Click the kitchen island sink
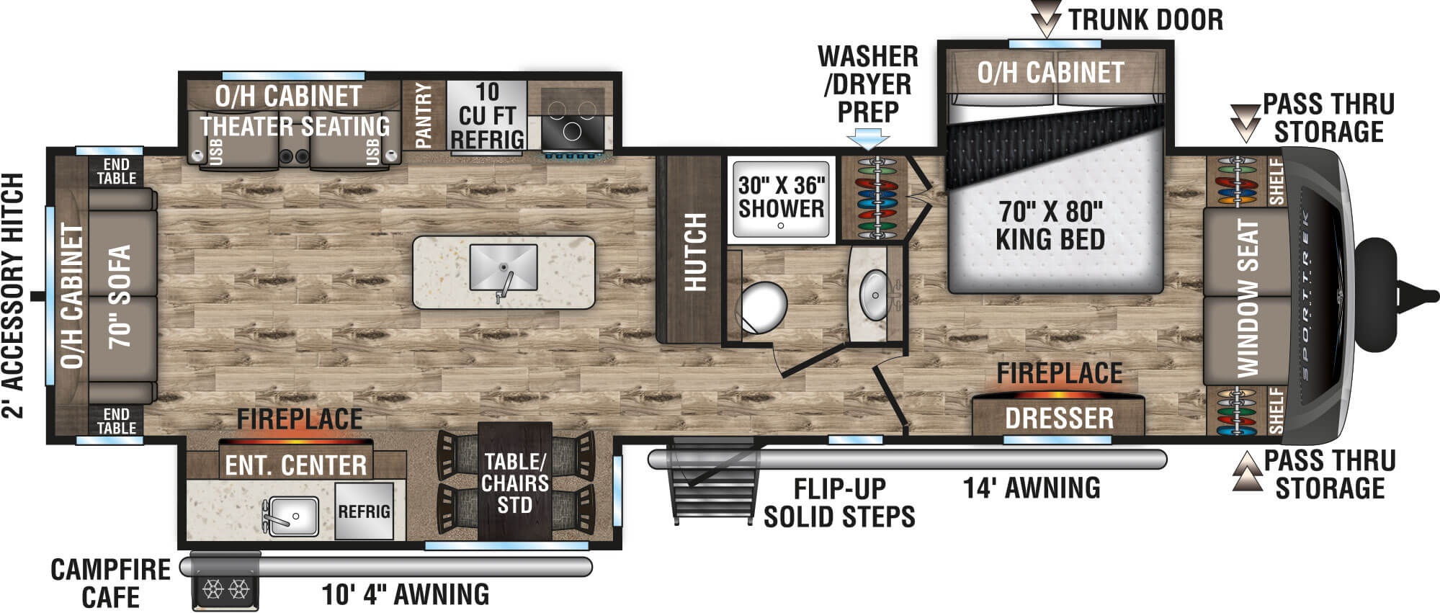[504, 267]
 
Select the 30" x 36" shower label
[782, 197]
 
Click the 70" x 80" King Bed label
[1050, 225]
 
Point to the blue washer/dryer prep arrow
[869, 138]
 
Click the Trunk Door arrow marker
[1046, 19]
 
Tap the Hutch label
[695, 252]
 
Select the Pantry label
[424, 115]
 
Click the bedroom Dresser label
[1059, 419]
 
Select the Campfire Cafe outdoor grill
[225, 582]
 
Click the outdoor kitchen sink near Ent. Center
[290, 516]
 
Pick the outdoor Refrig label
[365, 511]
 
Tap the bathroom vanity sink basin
[875, 295]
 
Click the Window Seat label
[1248, 298]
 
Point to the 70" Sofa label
[120, 296]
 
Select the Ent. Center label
[296, 465]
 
